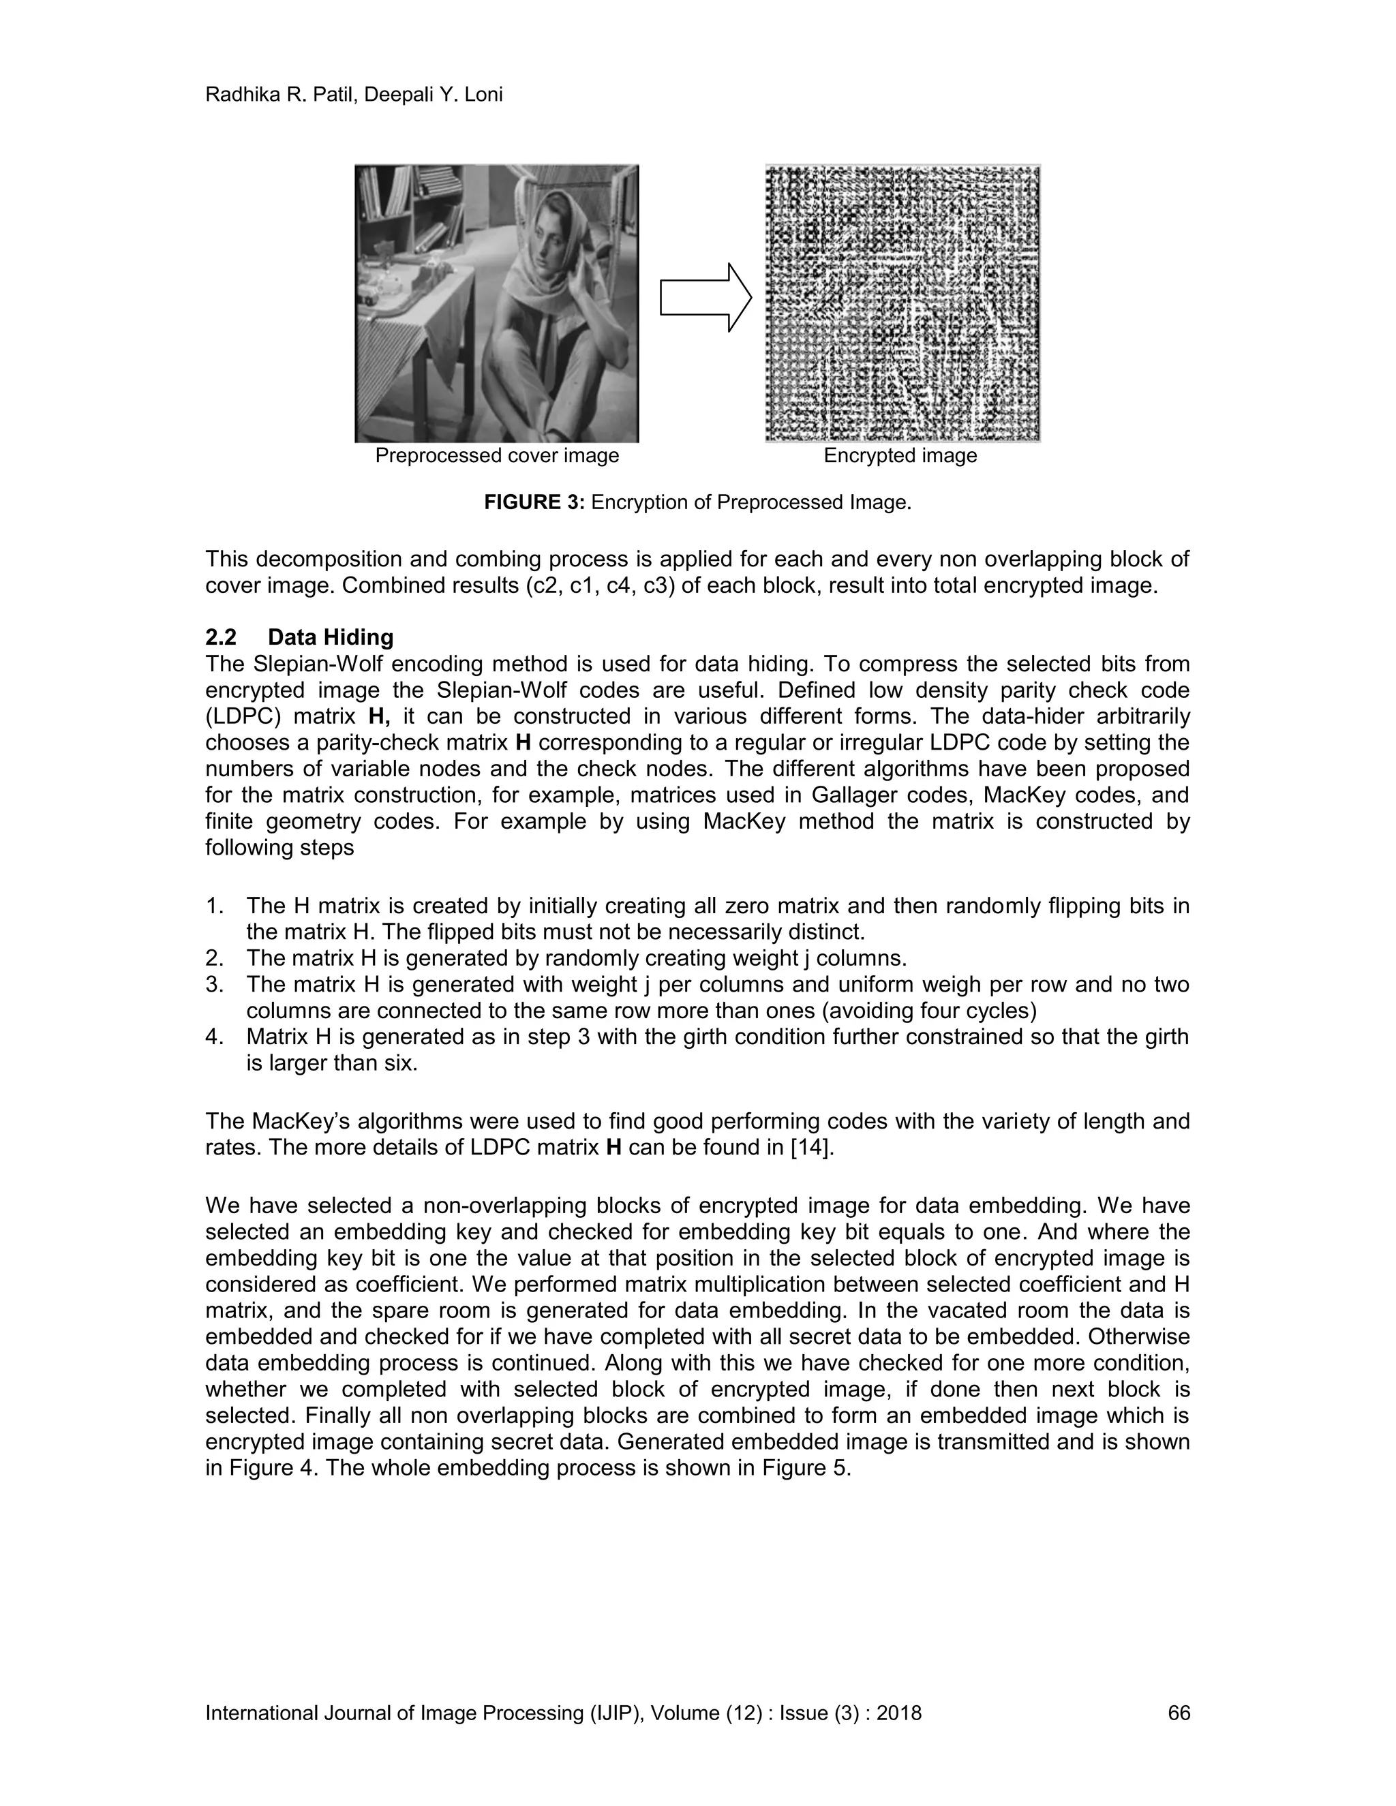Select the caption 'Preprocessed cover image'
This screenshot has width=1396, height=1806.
(496, 456)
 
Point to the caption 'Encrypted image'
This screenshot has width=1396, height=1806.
(900, 456)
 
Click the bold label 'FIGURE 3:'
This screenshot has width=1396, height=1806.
(534, 503)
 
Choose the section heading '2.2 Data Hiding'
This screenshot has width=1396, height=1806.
(299, 638)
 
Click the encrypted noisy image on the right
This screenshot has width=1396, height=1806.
(902, 303)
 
